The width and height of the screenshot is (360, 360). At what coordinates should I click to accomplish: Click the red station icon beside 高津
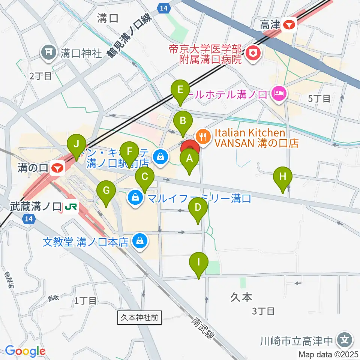coord(289,25)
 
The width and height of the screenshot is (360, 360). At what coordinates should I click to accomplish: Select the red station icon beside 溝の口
coord(57,168)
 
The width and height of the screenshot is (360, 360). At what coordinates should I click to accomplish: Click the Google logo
coord(25,351)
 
